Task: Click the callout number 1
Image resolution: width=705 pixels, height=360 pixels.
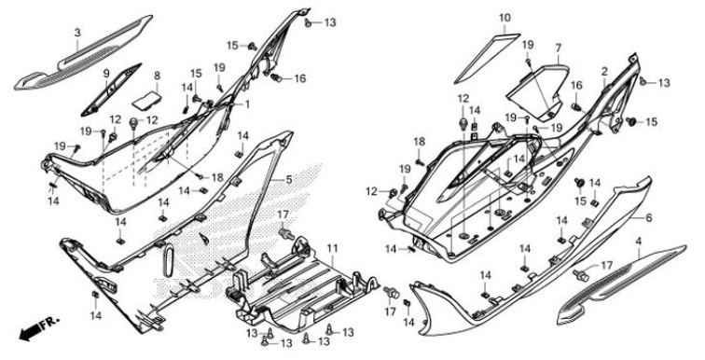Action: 248,104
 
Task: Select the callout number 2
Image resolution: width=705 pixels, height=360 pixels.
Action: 605,71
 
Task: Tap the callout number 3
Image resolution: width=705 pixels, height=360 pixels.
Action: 77,33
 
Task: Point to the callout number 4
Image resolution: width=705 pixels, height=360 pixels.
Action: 638,242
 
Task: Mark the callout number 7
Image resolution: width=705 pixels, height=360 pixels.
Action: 558,48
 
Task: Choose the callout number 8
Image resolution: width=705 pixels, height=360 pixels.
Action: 157,76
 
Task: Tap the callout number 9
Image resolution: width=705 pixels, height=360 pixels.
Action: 107,73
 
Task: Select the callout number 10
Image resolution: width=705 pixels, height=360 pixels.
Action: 505,18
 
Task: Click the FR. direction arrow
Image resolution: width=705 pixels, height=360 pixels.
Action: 35,329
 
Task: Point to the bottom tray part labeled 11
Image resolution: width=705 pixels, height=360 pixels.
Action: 298,289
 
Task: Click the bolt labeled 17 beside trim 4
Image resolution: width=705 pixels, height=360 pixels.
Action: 581,273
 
